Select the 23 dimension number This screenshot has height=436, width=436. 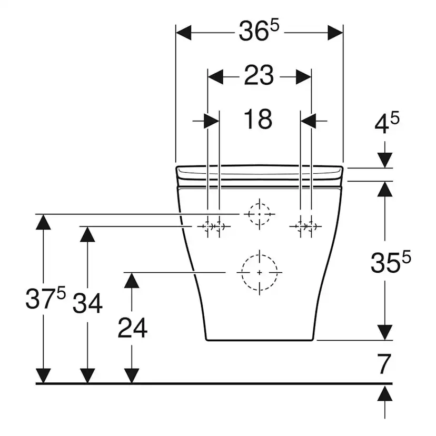[259, 75]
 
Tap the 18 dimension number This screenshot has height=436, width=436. [258, 120]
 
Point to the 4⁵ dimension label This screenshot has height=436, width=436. [387, 122]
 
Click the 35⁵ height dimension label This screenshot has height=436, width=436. [391, 262]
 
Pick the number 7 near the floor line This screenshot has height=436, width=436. [384, 364]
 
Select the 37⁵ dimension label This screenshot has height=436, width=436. [46, 298]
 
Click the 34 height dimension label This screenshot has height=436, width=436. [87, 304]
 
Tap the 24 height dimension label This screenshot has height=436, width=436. [132, 328]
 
